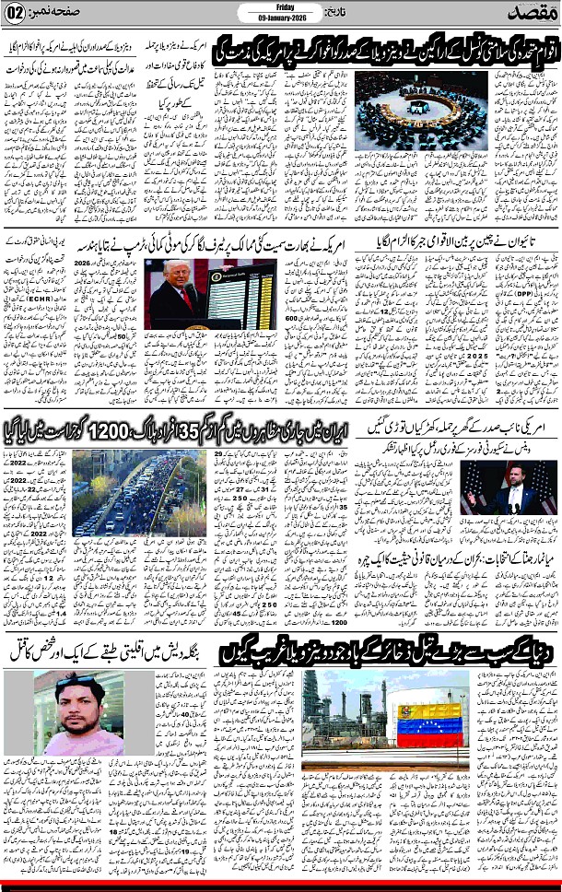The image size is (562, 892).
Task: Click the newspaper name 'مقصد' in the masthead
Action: pyautogui.click(x=529, y=14)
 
